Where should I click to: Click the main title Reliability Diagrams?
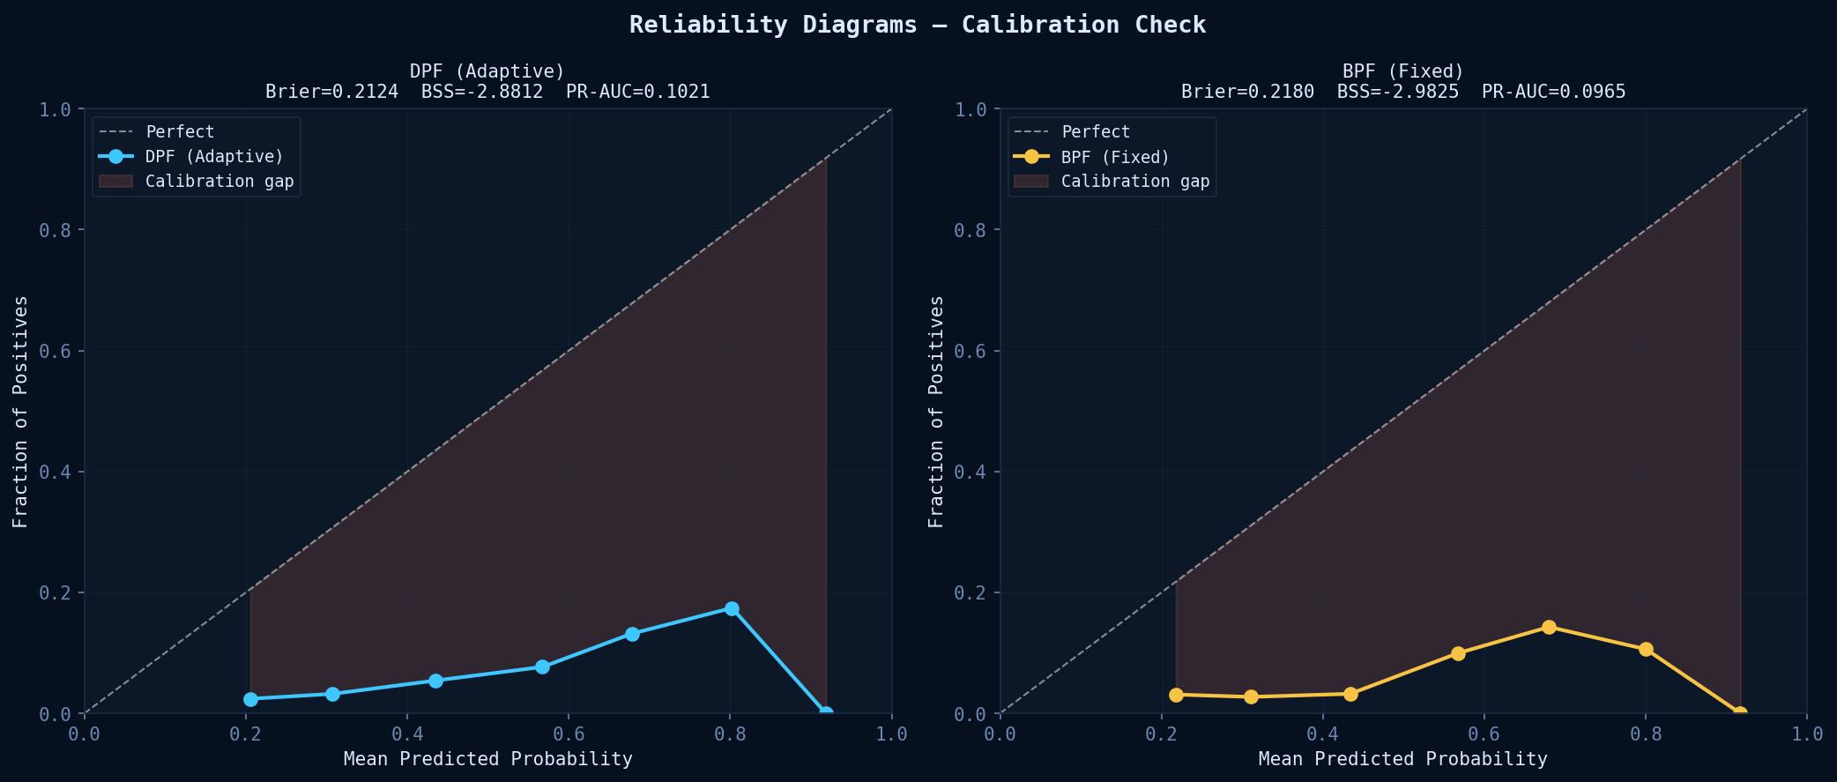click(x=918, y=25)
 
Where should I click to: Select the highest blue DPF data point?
click(x=732, y=608)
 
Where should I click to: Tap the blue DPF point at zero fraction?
click(x=826, y=713)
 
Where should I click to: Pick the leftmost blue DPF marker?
click(x=251, y=699)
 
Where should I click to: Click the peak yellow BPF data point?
click(x=1549, y=627)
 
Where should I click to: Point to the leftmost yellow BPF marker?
click(x=1176, y=695)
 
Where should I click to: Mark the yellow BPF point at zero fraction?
click(x=1740, y=713)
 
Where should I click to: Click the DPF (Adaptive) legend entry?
click(x=214, y=157)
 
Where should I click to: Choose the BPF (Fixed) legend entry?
click(x=1115, y=157)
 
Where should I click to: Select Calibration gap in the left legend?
click(x=219, y=182)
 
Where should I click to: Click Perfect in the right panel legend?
click(x=1096, y=132)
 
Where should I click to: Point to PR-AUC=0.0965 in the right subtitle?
click(x=1553, y=92)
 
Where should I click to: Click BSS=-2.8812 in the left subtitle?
click(x=482, y=92)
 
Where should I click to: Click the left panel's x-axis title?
click(x=487, y=759)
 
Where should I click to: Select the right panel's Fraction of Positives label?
click(x=936, y=412)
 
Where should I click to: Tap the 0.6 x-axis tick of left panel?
click(x=569, y=734)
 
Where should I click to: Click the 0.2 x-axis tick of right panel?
click(x=1161, y=734)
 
